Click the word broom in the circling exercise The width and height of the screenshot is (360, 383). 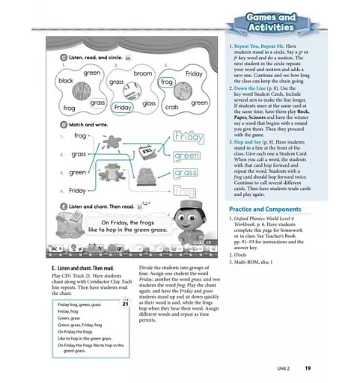pyautogui.click(x=142, y=74)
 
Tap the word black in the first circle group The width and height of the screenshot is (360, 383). pyautogui.click(x=66, y=80)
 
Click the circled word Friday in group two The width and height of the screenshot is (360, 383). pyautogui.click(x=123, y=108)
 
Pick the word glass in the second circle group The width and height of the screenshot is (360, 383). pyautogui.click(x=149, y=102)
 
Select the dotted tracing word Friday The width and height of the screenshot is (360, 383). pyautogui.click(x=187, y=138)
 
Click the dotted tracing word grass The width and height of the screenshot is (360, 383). pyautogui.click(x=186, y=174)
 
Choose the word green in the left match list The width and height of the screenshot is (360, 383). pyautogui.click(x=78, y=172)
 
